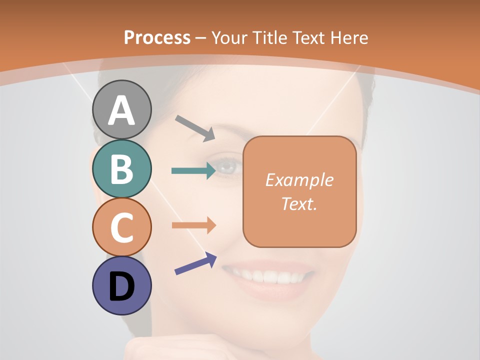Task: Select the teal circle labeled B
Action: click(x=122, y=169)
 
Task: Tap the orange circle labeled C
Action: click(x=122, y=227)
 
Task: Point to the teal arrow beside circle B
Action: click(x=193, y=170)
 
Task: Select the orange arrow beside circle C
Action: click(x=193, y=225)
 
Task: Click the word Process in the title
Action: click(x=157, y=37)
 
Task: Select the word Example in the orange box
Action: click(x=299, y=180)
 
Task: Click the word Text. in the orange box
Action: click(x=299, y=203)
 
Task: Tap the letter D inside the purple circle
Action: click(x=122, y=287)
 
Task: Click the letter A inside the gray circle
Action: click(x=122, y=110)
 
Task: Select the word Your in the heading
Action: click(x=230, y=37)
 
